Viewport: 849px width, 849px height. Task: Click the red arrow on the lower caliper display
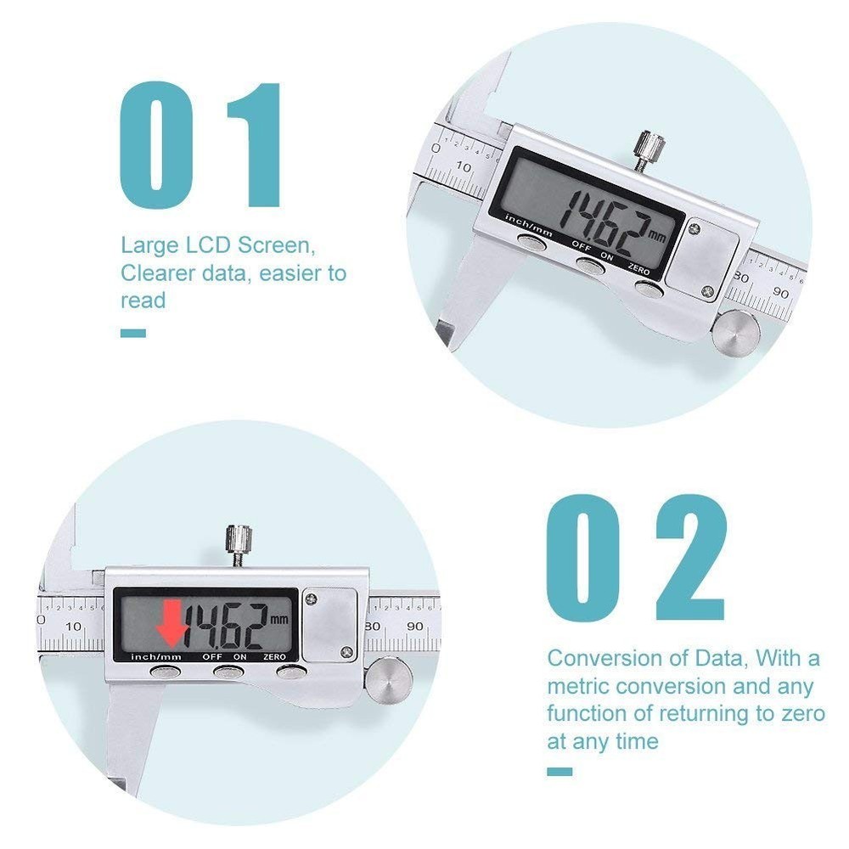172,623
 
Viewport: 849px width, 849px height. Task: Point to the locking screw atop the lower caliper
239,543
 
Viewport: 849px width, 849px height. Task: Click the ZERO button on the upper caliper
649,286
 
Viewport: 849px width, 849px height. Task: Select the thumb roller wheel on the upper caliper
734,330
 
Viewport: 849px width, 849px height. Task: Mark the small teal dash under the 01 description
133,333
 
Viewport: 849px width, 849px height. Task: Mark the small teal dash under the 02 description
559,771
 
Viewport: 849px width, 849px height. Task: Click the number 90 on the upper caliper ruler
780,293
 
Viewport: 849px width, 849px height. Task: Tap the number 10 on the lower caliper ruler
74,626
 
